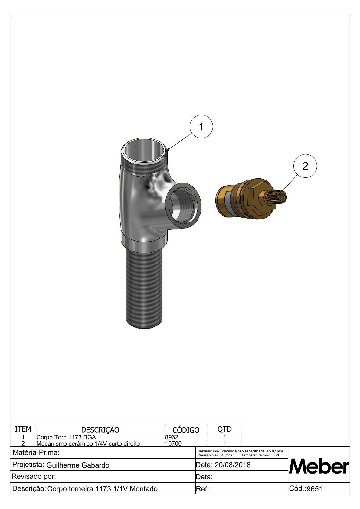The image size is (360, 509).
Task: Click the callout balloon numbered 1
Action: tap(201, 126)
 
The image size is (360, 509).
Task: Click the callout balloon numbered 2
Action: tap(305, 166)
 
